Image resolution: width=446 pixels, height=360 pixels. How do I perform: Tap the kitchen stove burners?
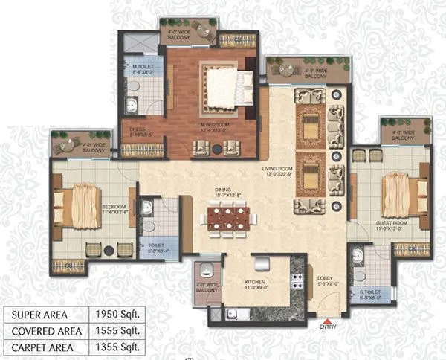click(297, 281)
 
